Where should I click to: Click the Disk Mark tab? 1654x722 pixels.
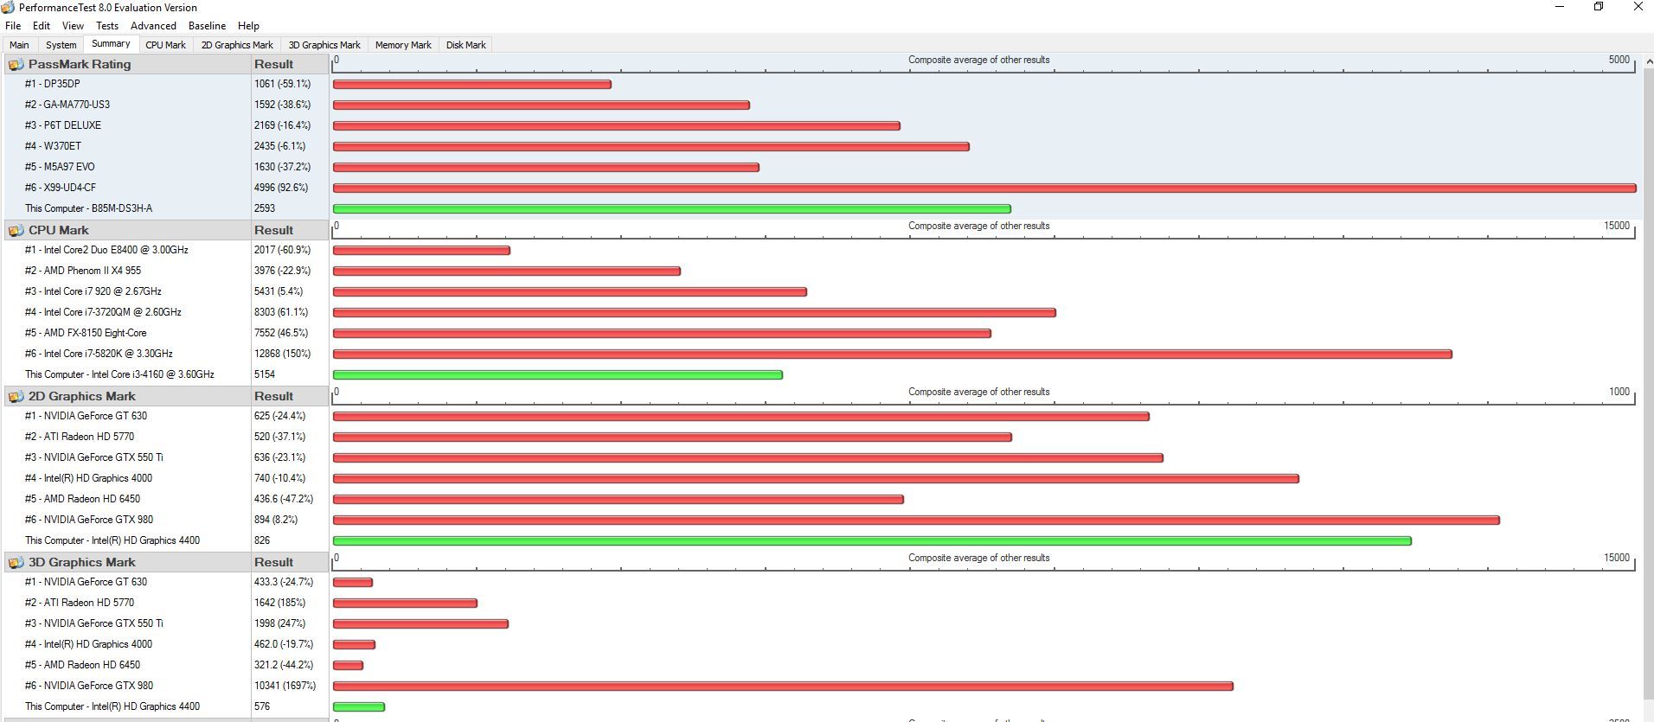tap(465, 45)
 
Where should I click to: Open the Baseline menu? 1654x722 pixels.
tap(207, 26)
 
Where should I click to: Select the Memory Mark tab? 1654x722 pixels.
tap(403, 45)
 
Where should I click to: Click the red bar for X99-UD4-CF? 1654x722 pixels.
tap(984, 188)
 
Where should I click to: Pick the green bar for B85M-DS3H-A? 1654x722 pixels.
tap(671, 208)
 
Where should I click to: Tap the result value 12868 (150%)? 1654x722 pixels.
tap(282, 354)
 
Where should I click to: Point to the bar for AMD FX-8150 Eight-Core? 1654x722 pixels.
tap(662, 333)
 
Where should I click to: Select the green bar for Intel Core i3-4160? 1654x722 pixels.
tap(557, 374)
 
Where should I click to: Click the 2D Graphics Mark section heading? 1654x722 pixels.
tap(81, 396)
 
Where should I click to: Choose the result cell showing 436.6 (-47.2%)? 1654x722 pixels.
tap(284, 499)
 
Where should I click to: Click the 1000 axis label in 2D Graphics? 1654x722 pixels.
tap(1619, 392)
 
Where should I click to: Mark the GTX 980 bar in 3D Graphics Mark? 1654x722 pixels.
tap(783, 686)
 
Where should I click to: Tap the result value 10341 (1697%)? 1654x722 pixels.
tap(285, 686)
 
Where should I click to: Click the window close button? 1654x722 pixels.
tap(1638, 7)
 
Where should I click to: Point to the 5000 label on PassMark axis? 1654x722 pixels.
tap(1619, 60)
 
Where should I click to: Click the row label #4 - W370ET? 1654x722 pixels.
tap(53, 146)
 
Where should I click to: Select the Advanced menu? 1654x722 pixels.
tap(153, 26)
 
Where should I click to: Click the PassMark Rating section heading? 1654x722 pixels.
tap(79, 64)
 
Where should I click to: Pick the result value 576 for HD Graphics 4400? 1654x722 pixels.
tap(262, 706)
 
